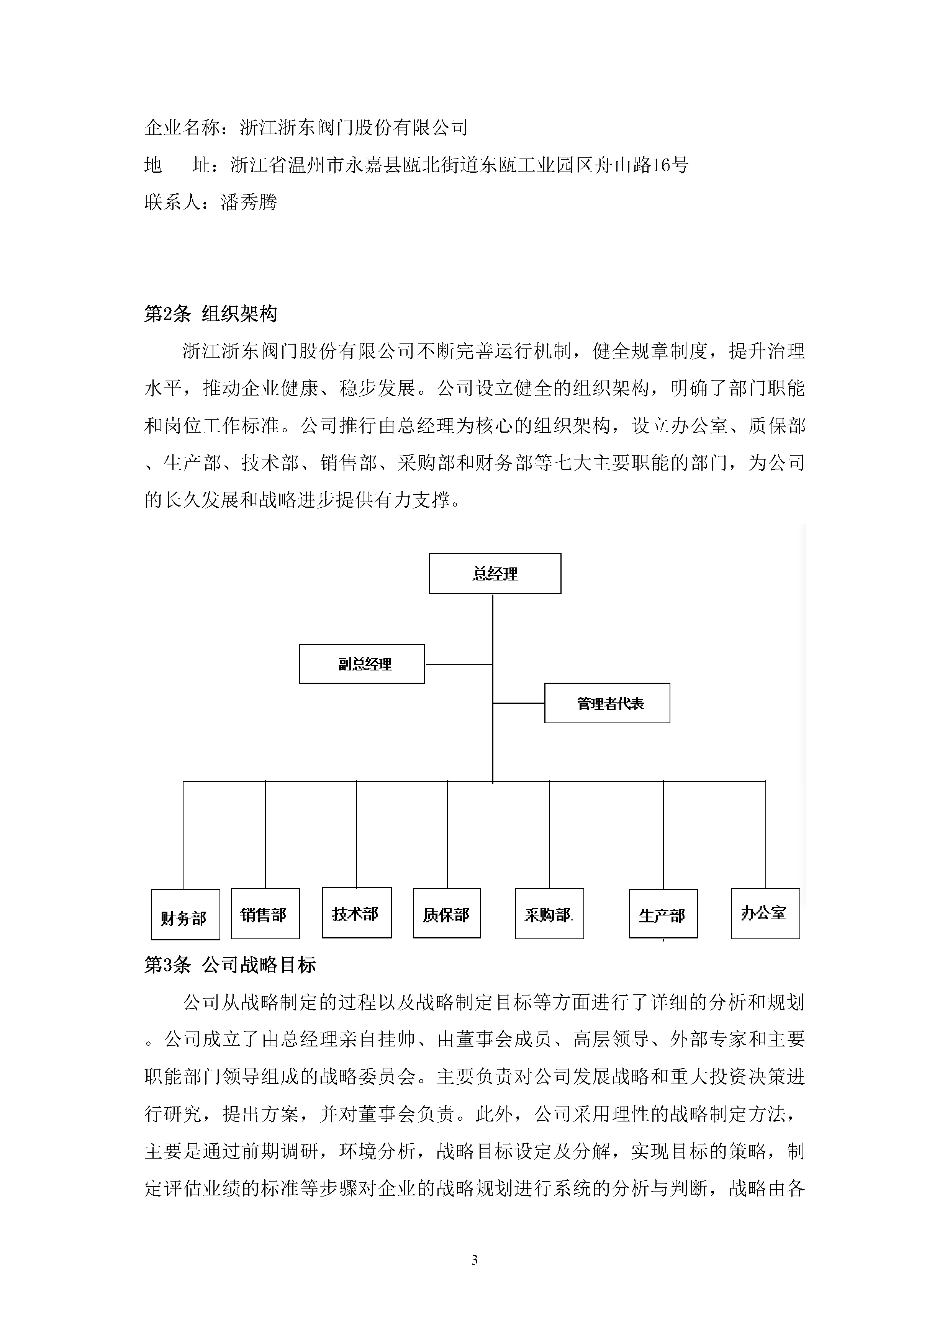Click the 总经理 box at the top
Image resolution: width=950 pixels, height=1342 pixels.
pos(495,573)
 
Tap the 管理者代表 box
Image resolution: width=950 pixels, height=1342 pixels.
pos(607,703)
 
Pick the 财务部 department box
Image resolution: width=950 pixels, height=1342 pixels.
pos(185,915)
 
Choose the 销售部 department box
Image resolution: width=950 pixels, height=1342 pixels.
pos(265,914)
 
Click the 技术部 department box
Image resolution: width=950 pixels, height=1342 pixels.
pos(356,913)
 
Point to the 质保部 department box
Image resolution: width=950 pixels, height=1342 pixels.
pos(446,914)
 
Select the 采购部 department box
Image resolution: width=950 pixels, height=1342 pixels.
pos(549,914)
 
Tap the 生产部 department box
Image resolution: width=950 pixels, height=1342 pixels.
pos(663,914)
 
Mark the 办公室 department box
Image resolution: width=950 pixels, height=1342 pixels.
pos(765,914)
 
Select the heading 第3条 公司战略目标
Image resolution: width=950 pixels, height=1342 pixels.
pos(230,965)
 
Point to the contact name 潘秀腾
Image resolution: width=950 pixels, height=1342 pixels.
pos(249,202)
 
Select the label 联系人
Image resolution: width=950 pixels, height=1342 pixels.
pos(172,202)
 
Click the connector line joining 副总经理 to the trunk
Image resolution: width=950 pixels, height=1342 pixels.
pos(459,664)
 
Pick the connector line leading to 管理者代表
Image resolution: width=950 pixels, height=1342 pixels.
pos(518,703)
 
